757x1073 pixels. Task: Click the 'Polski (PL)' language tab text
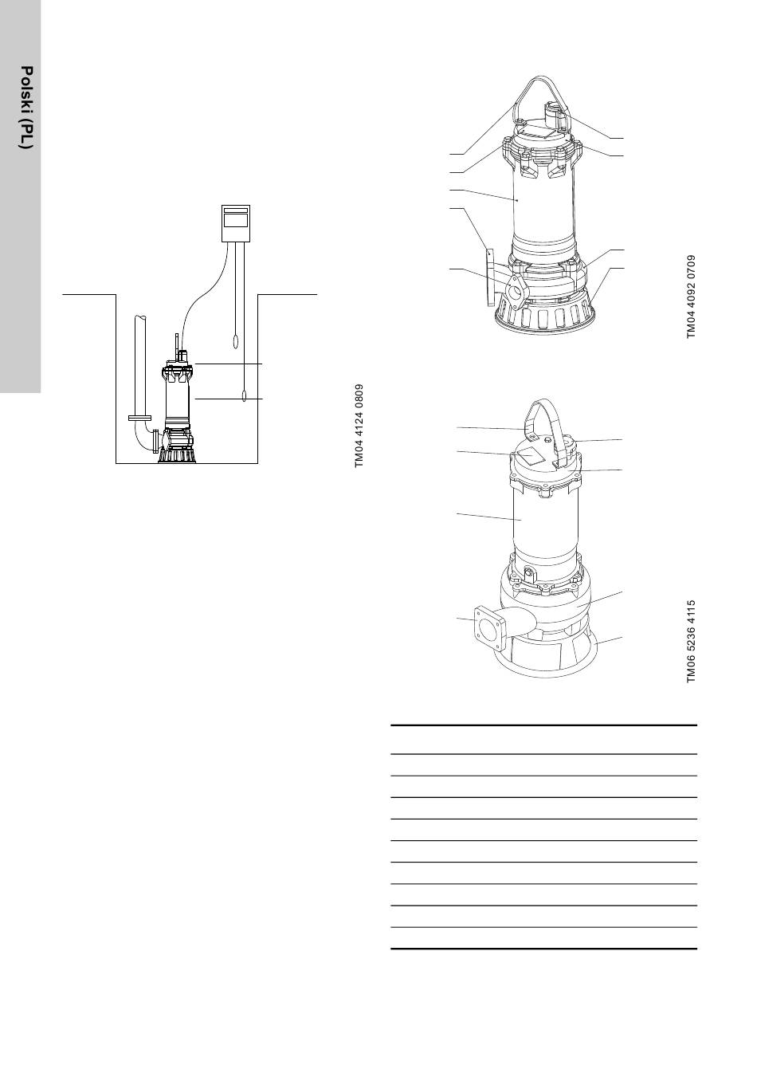coord(27,108)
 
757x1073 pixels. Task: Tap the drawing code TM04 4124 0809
coord(359,426)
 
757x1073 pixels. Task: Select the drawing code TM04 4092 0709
coord(691,297)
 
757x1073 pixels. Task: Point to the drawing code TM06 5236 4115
coord(691,642)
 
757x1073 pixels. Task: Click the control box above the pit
coord(236,223)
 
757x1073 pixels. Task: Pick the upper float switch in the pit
coord(235,341)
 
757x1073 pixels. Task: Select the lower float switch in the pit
coord(244,395)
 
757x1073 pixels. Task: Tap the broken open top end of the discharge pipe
coord(141,317)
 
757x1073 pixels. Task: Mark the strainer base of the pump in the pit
coord(178,455)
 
